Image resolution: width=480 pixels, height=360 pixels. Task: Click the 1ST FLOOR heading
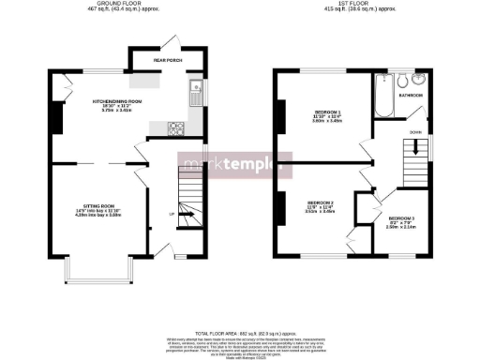[x=353, y=4]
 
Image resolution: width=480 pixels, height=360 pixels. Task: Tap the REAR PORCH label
[x=160, y=63]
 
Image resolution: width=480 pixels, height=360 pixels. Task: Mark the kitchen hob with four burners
[x=174, y=127]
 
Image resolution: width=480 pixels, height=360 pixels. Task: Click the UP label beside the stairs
[x=171, y=215]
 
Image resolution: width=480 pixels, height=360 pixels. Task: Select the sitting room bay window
[x=97, y=271]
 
